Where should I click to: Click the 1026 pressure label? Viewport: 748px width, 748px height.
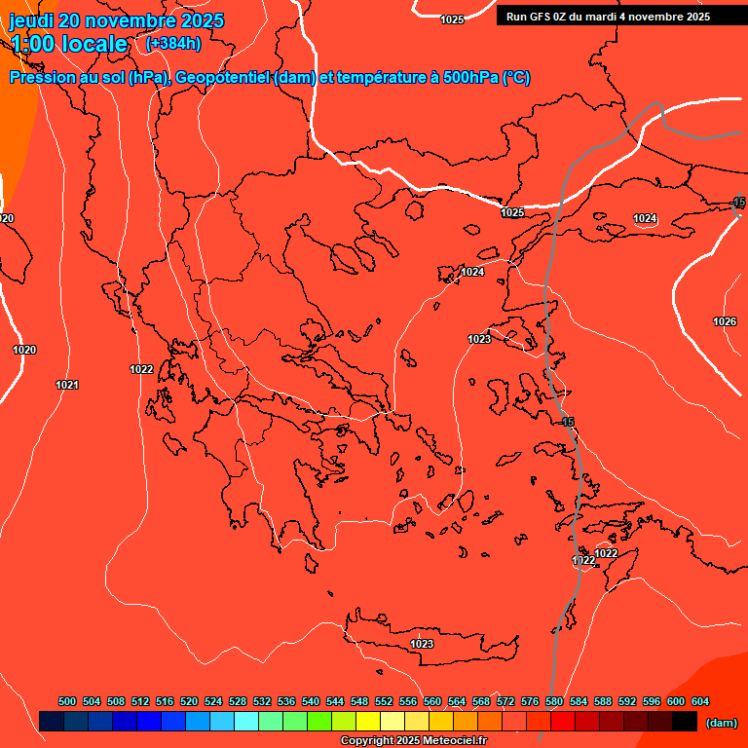[724, 321]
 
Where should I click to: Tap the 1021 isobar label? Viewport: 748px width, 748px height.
[67, 385]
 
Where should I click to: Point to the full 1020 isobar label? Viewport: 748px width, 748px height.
[24, 350]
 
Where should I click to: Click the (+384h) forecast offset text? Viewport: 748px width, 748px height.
[173, 43]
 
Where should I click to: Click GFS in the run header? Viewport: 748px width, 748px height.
[541, 17]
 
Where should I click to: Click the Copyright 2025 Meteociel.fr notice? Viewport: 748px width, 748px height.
[413, 741]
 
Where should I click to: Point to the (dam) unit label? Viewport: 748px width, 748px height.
[721, 723]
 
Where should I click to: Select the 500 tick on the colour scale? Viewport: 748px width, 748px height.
[67, 701]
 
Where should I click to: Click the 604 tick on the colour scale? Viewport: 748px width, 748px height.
[700, 701]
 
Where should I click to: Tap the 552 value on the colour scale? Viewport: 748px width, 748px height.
[384, 701]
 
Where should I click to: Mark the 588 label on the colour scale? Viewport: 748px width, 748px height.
[603, 701]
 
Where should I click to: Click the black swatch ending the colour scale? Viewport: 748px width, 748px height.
[684, 722]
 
